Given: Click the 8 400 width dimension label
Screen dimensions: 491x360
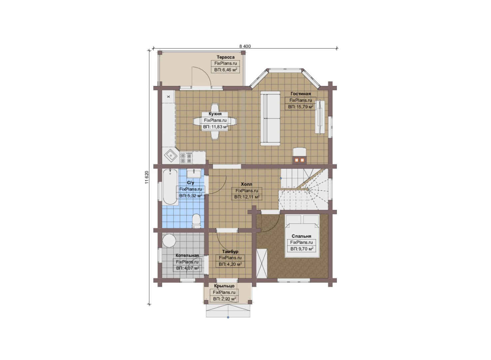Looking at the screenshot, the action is tap(245, 46).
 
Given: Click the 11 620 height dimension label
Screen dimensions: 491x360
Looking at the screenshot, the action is tap(147, 177).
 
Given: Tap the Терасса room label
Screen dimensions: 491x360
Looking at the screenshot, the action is tap(226, 57).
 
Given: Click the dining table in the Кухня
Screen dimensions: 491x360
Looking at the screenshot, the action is tap(215, 121).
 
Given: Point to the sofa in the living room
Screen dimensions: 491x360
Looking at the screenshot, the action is tap(270, 118).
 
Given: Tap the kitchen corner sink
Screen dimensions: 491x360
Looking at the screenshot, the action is tap(171, 156).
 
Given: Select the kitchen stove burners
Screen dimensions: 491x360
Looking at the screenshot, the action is tap(186, 158).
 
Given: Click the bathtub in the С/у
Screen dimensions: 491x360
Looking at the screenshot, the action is tap(170, 187).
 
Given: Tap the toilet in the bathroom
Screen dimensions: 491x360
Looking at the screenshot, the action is tap(196, 221).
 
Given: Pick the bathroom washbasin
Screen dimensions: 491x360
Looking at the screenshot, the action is tap(194, 173).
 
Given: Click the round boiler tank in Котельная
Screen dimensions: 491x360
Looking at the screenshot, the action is tap(169, 241).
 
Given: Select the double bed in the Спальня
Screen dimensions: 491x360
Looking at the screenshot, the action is tap(302, 236).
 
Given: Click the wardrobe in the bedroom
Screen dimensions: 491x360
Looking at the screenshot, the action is tap(262, 263).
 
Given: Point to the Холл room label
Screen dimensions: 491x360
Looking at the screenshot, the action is tap(246, 184).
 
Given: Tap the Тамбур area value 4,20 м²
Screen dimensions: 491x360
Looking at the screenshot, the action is tap(230, 264).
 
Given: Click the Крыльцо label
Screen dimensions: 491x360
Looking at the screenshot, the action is tap(224, 286).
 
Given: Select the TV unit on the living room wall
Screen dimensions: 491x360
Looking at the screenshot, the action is tap(320, 116).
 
